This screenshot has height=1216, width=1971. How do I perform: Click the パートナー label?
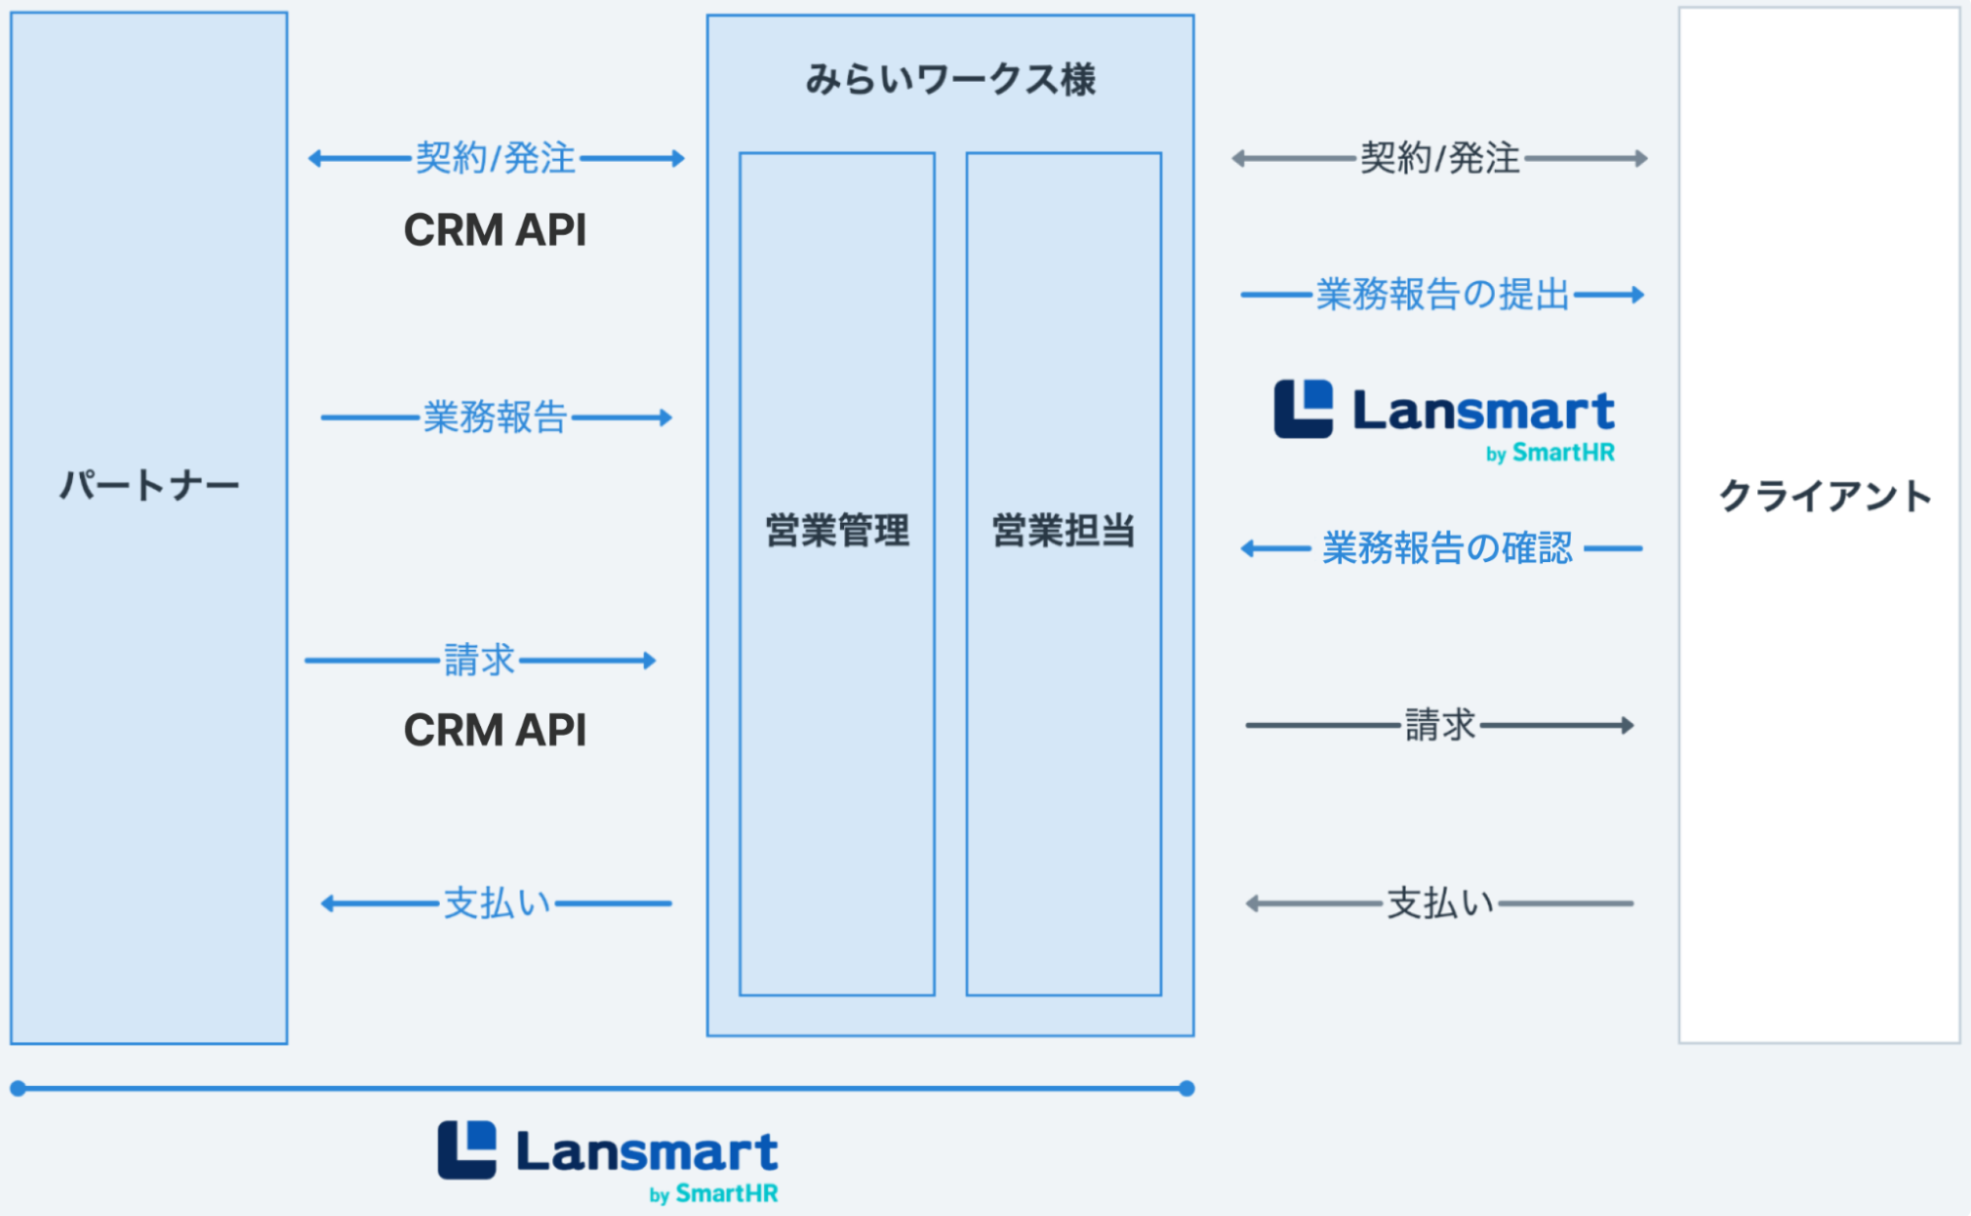pyautogui.click(x=149, y=485)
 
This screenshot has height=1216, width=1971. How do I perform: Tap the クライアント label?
pyautogui.click(x=1824, y=495)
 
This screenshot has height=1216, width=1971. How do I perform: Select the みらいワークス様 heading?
pyautogui.click(x=950, y=79)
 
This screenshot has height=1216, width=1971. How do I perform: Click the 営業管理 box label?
pyautogui.click(x=837, y=531)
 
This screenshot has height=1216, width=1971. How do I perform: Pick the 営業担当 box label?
pyautogui.click(x=1063, y=531)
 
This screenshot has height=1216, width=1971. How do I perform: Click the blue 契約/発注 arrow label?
pyautogui.click(x=495, y=158)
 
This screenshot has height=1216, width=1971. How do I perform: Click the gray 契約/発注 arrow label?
pyautogui.click(x=1440, y=158)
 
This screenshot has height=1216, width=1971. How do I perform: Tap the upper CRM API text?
pyautogui.click(x=495, y=231)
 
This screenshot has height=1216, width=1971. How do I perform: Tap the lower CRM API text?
pyautogui.click(x=495, y=731)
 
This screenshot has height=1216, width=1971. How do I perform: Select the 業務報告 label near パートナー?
pyautogui.click(x=495, y=417)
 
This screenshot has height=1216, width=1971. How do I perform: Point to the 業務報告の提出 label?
pyautogui.click(x=1442, y=294)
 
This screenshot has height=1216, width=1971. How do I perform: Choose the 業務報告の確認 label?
pyautogui.click(x=1446, y=548)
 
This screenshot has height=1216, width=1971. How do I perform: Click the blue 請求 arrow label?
pyautogui.click(x=479, y=660)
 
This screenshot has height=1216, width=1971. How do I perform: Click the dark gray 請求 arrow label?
pyautogui.click(x=1440, y=725)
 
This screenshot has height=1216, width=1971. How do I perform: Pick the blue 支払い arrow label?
pyautogui.click(x=496, y=903)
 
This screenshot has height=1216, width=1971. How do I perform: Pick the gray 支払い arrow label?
pyautogui.click(x=1440, y=903)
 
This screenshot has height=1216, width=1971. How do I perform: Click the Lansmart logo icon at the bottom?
pyautogui.click(x=467, y=1150)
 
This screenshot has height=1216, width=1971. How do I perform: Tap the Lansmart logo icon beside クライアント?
pyautogui.click(x=1303, y=408)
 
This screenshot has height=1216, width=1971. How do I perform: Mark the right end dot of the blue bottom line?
pyautogui.click(x=1187, y=1089)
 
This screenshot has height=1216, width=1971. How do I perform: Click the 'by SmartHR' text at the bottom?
pyautogui.click(x=714, y=1194)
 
